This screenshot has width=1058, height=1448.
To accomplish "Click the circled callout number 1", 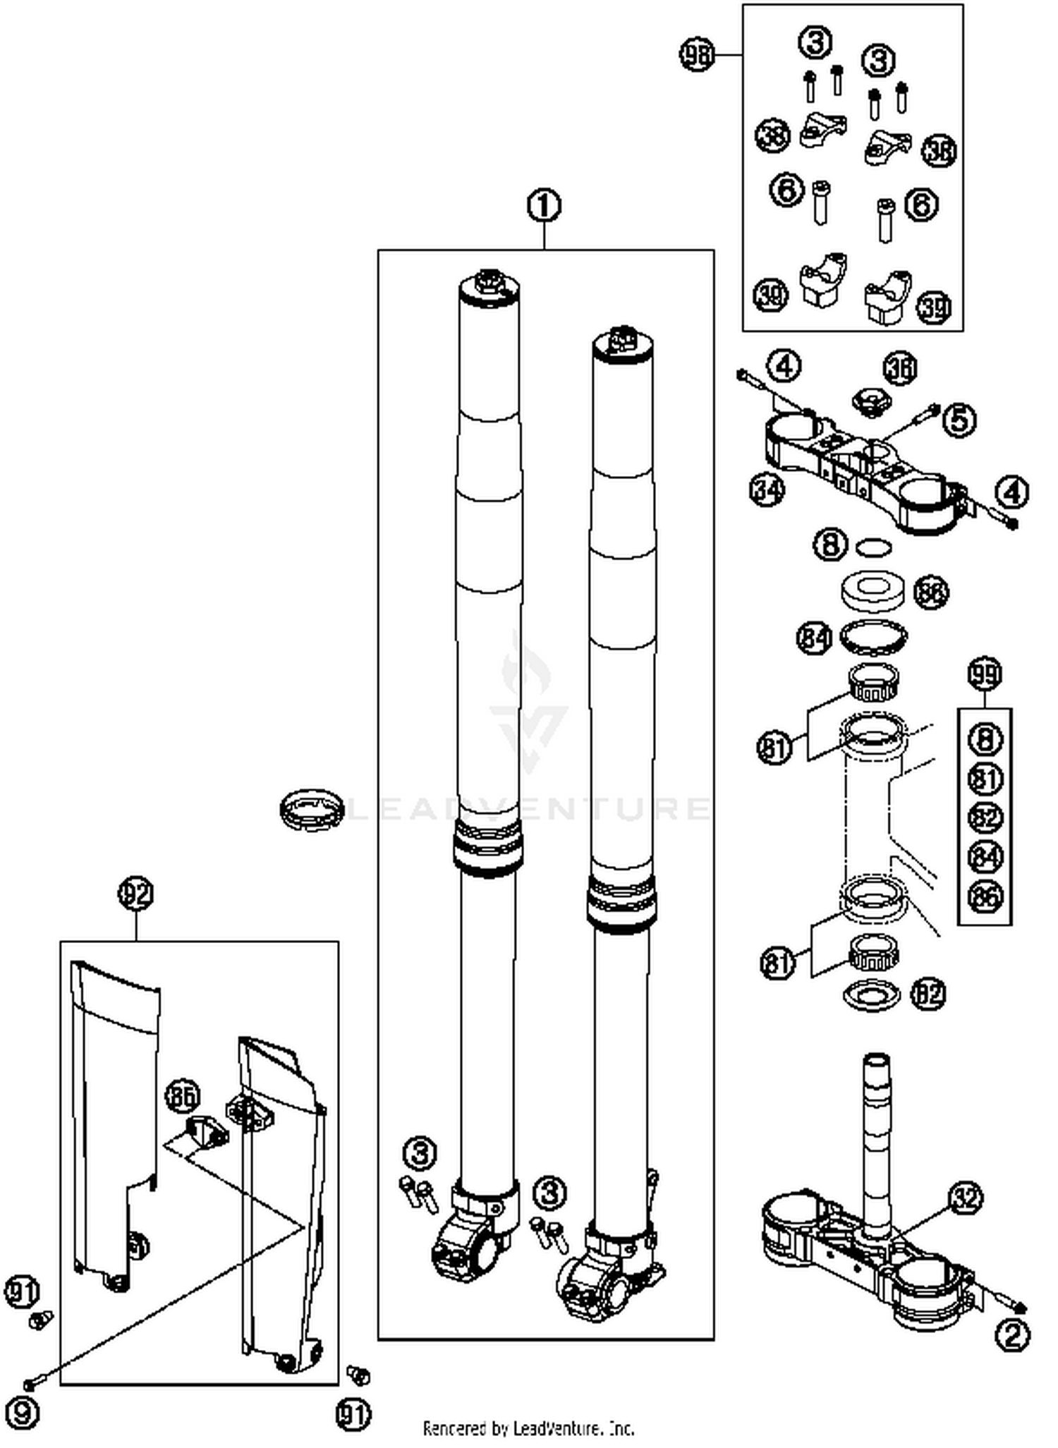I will pos(544,206).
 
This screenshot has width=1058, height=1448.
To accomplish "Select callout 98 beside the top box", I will pos(697,54).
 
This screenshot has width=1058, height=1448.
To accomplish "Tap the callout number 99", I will pos(985,674).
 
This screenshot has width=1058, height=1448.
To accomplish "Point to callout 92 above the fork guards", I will pos(135,894).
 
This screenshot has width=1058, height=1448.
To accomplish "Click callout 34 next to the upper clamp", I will pos(767,489).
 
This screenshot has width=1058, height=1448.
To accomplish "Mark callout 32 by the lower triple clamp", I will pos(966,1198).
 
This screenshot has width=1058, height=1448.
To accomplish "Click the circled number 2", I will pos(1012,1335).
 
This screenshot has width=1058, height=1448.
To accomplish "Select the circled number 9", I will pos(23,1412).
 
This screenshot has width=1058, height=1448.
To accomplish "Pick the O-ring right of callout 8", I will pos(873,547).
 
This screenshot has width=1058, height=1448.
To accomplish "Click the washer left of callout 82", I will pos(872,996).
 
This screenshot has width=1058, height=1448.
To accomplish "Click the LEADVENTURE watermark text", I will pos(529,808).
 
